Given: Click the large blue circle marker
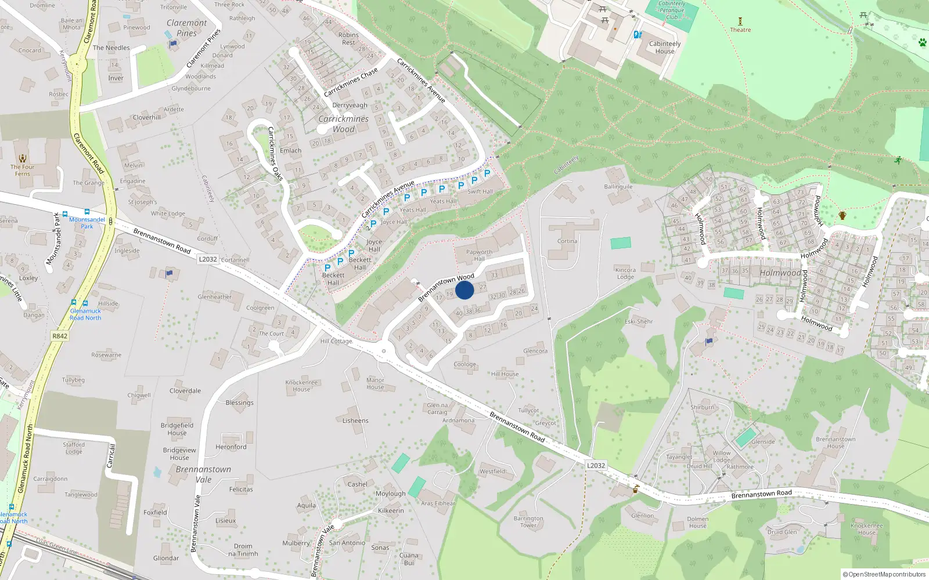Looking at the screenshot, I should point(464,290).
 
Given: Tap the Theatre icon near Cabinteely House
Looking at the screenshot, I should point(740,22).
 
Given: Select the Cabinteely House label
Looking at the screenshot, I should point(665,47).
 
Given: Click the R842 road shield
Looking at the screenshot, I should point(60,336).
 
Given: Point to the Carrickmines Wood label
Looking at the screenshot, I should point(343,124).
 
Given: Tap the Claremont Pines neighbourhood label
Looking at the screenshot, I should point(186,28).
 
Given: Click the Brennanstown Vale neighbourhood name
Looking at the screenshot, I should point(203,474).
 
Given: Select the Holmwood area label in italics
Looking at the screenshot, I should point(780,273).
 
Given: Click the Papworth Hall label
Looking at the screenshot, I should point(479,255).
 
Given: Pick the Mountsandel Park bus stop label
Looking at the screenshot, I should point(87,223).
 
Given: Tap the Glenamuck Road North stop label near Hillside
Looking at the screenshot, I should point(85,314).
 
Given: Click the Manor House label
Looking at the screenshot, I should point(375,383).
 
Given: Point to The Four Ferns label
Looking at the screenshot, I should point(22,170).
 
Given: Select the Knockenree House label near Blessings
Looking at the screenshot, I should point(301,386).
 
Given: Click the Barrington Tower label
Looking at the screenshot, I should point(528,521).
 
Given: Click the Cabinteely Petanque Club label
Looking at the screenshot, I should point(672,10).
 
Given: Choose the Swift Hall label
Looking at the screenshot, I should point(480,191).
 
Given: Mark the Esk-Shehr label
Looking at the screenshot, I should point(639,321).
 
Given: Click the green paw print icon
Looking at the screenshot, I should point(923,42).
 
